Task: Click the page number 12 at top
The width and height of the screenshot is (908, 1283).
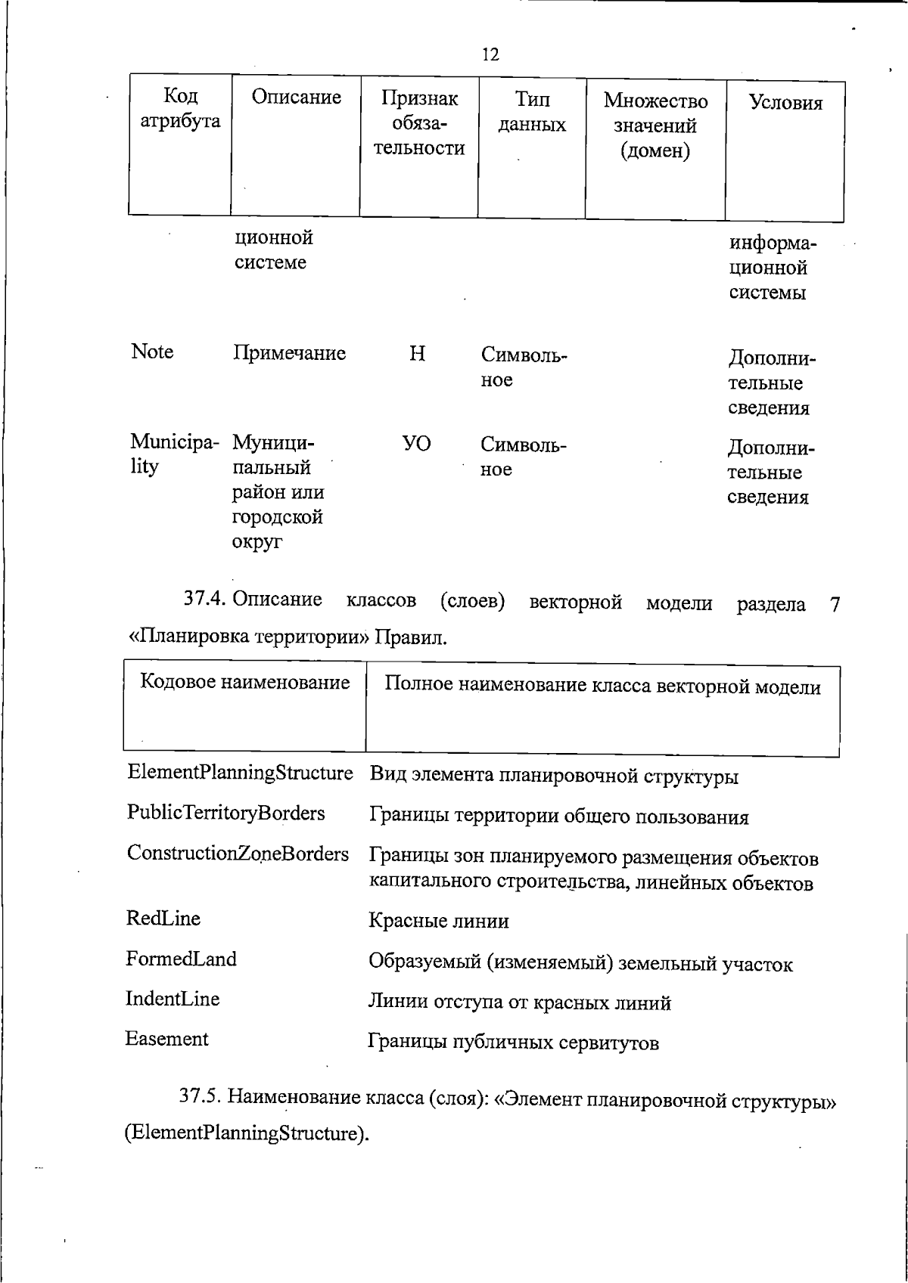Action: click(490, 54)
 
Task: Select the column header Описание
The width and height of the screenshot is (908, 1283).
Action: click(296, 98)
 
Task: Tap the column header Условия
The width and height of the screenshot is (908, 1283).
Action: click(785, 103)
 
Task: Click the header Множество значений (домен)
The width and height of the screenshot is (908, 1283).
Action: click(655, 126)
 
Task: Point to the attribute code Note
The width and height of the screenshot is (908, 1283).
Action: click(152, 352)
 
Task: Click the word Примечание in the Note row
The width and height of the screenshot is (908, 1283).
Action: click(289, 353)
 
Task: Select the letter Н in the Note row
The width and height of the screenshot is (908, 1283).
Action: click(417, 354)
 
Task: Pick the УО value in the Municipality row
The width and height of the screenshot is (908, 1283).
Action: click(416, 443)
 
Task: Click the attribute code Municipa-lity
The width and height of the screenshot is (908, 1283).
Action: click(174, 454)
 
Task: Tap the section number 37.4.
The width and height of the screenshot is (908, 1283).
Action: click(205, 600)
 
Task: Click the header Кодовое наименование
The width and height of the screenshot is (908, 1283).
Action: click(245, 683)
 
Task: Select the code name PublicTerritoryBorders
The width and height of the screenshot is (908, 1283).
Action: click(225, 813)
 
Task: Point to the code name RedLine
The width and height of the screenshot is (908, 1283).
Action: click(163, 919)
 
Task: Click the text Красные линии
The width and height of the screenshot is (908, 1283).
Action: click(438, 921)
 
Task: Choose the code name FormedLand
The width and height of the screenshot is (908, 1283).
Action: click(181, 959)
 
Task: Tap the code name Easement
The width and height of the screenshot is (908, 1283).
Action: click(166, 1039)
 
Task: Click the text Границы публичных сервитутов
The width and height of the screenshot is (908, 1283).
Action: click(513, 1043)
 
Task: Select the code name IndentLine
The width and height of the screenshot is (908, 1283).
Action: click(173, 999)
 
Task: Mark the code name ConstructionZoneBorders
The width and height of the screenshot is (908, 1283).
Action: click(238, 854)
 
